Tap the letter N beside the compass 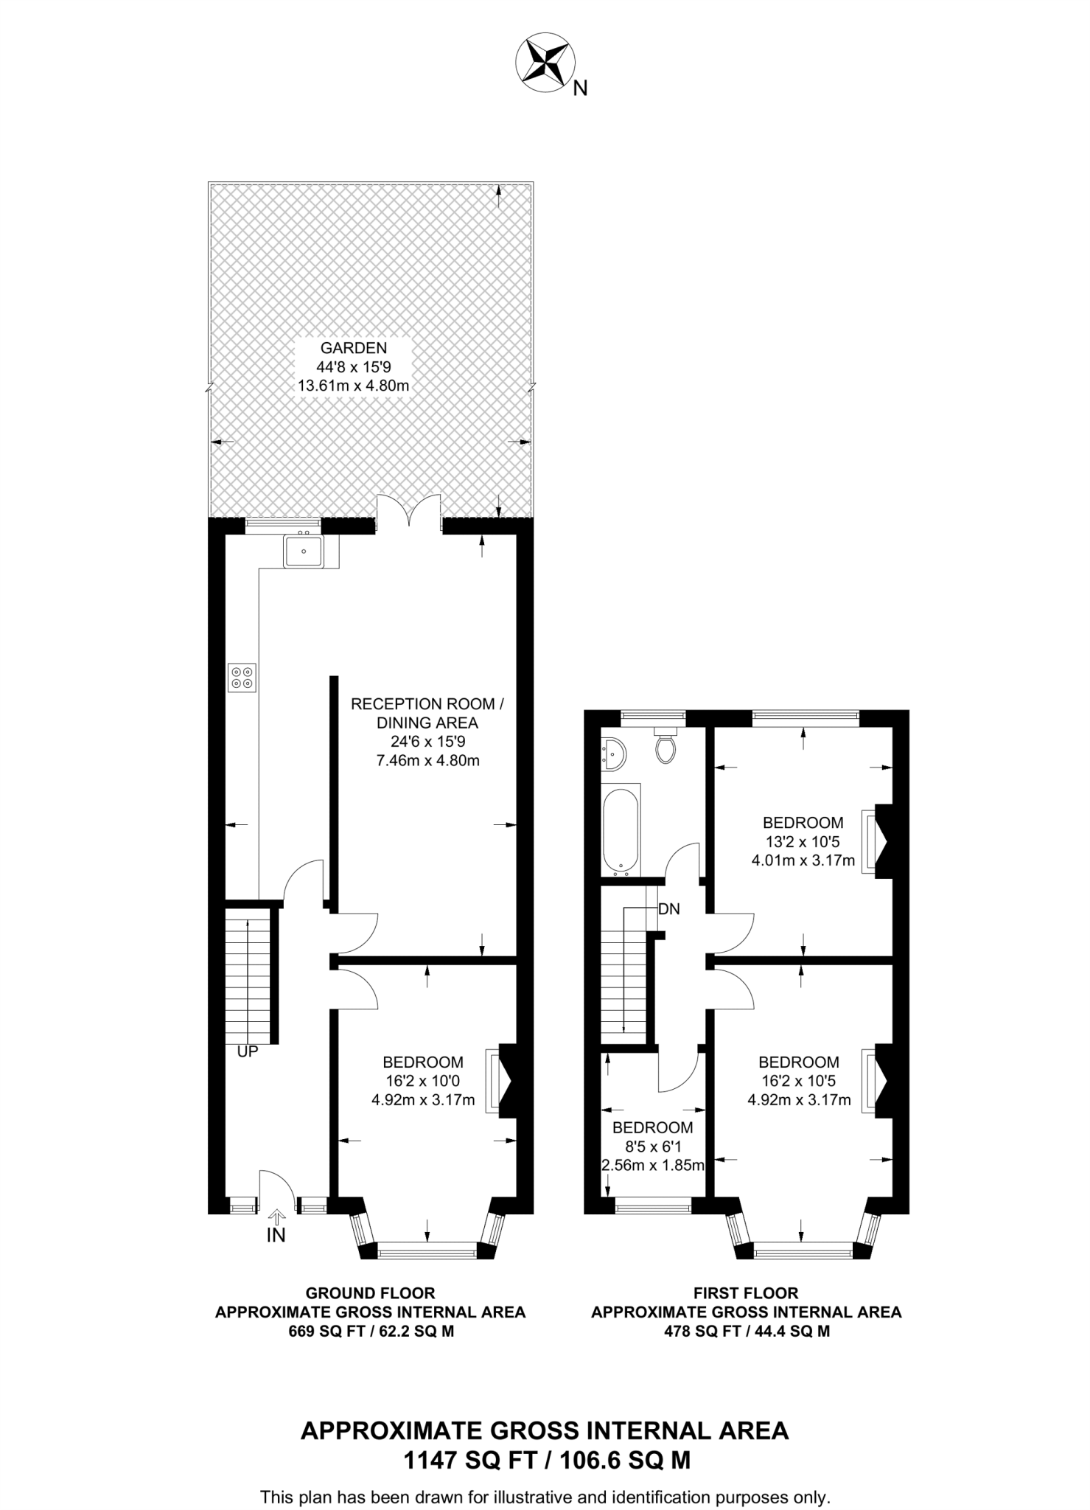coord(581,89)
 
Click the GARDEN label coord(354,347)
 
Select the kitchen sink coord(303,551)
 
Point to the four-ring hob coord(242,678)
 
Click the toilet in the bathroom coord(665,745)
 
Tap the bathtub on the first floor coord(621,831)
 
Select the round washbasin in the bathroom coord(613,751)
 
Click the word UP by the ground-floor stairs coord(248,1052)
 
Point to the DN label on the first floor coord(669,909)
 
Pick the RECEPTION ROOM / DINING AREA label coord(427,713)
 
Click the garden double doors coord(410,513)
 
